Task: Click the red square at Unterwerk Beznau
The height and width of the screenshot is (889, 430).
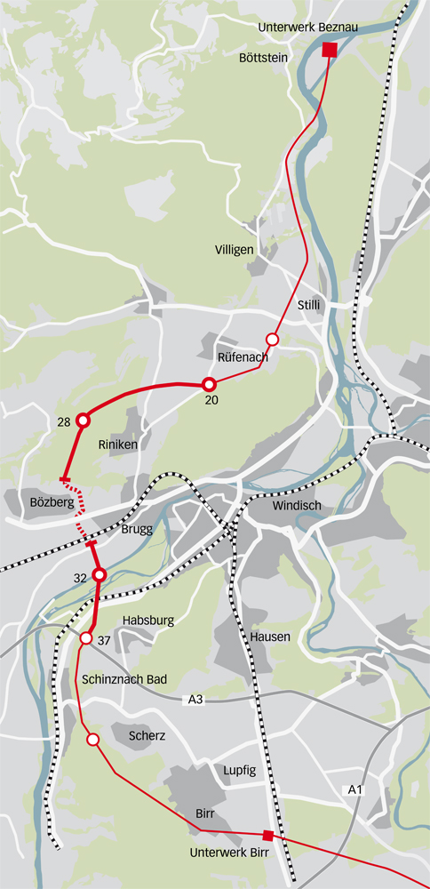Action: pos(330,49)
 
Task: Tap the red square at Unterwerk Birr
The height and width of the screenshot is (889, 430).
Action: pos(267,835)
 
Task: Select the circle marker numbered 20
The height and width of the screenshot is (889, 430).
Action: pos(210,384)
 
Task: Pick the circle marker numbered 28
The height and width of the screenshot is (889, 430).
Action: pos(84,420)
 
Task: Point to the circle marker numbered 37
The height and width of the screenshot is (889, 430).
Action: pos(86,639)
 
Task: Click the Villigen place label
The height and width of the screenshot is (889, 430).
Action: pos(235,250)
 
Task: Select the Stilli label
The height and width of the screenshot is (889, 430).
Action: pos(309,305)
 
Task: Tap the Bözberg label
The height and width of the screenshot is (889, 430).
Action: pos(40,502)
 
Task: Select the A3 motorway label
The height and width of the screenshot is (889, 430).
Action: pos(196,701)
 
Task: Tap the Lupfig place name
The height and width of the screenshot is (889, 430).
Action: pos(239,771)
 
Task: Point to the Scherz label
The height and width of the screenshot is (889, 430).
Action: pos(147,736)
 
